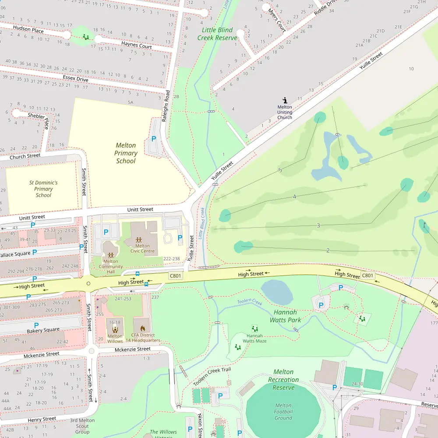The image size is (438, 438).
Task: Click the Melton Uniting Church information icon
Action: coord(285,100)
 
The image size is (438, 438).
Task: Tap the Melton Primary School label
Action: coord(126,153)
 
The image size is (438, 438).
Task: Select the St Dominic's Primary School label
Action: coord(43,189)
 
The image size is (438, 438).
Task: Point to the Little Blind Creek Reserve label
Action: coord(217,34)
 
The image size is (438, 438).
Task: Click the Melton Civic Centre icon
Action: coord(139,240)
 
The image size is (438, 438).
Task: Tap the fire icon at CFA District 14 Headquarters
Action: coord(142,328)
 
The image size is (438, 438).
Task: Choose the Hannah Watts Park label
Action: coord(285,316)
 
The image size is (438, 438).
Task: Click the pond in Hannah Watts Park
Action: coord(277,292)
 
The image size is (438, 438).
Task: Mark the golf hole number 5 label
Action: coord(280,170)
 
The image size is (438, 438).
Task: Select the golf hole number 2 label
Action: coord(328,250)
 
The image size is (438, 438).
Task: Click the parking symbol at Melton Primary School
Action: coord(153,138)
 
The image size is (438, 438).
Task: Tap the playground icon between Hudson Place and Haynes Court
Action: coord(86,37)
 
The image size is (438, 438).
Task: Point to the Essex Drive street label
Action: coord(75,79)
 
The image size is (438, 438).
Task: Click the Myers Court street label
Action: coord(277,20)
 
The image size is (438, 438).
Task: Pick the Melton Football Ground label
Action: coord(283,412)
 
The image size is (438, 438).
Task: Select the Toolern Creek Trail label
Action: coord(212,377)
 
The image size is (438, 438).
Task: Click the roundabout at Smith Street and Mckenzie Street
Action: coord(91,350)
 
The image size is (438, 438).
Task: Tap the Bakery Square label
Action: coord(43,330)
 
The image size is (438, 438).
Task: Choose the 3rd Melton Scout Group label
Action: coord(82,426)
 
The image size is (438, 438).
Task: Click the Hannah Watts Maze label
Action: coord(254,338)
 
